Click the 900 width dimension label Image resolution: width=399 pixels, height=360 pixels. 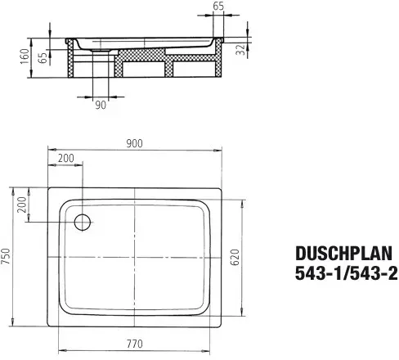coord(134,143)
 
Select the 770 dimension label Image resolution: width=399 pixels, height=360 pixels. coord(135,344)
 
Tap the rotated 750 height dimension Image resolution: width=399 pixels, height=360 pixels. coord(6,256)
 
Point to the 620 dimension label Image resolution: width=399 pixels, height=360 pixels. coord(235,257)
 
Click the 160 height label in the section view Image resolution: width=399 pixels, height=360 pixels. coord(25,56)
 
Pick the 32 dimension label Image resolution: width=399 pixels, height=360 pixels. coord(241,50)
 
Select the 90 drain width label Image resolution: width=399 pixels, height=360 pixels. coord(101,105)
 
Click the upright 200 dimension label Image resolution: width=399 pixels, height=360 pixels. coord(66,158)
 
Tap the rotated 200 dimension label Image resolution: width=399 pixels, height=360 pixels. coord(22,205)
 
